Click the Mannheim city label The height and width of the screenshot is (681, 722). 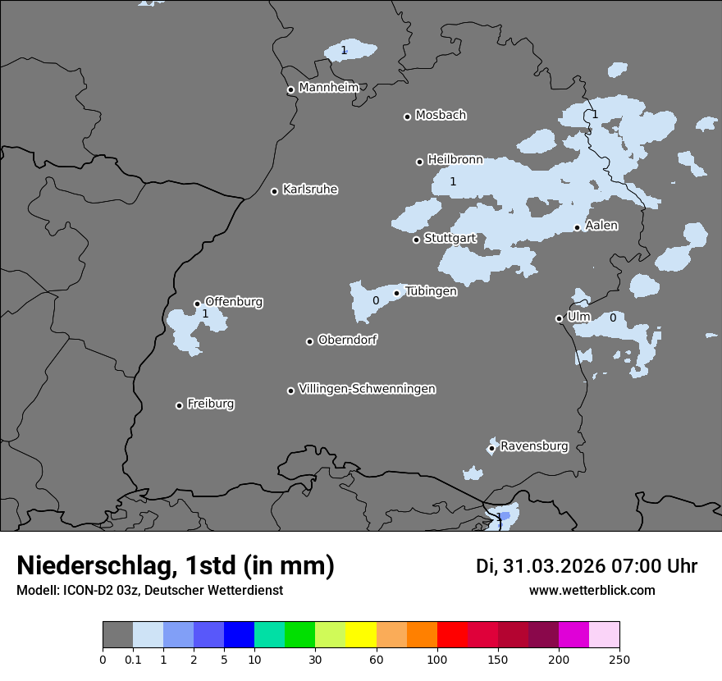tap(328, 87)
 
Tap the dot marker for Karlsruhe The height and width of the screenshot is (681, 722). tap(274, 191)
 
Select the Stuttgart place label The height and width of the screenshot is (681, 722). tap(450, 238)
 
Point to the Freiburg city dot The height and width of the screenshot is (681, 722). tap(179, 405)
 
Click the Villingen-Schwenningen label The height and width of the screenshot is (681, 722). tap(367, 389)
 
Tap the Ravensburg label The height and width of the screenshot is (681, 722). tap(534, 446)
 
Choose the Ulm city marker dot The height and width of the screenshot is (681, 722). tap(559, 318)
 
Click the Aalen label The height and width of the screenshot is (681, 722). tap(601, 226)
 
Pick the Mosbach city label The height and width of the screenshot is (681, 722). tap(441, 115)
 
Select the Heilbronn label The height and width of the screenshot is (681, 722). tap(455, 160)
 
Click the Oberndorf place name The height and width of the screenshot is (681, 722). tap(348, 340)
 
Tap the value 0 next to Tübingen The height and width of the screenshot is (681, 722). tap(376, 301)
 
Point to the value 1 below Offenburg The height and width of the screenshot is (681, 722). tap(205, 313)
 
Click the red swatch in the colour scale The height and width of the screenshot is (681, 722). tap(452, 635)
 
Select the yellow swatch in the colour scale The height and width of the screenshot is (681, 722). tap(361, 635)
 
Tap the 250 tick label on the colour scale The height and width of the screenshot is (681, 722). tap(619, 658)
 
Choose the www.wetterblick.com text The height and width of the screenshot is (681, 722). tap(592, 591)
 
